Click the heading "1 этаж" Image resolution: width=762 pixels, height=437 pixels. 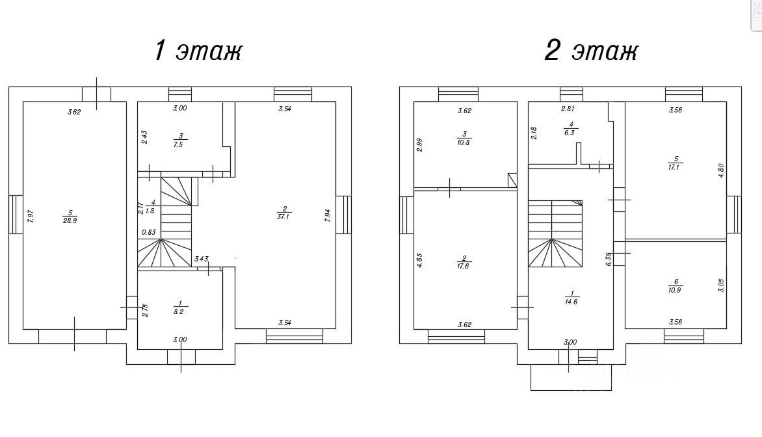point(198,51)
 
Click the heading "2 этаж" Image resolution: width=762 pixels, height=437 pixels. point(590,51)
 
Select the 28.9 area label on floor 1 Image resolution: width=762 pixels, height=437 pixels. point(70,220)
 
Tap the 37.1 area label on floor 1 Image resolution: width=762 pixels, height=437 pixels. point(284,217)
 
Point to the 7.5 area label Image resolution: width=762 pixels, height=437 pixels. point(178,144)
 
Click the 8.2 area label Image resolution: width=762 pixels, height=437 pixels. point(178,311)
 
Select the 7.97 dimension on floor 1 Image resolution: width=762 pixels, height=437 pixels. point(31,217)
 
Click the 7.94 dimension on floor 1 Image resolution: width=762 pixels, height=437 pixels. point(328,216)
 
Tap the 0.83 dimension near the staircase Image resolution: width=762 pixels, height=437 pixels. point(149,232)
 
